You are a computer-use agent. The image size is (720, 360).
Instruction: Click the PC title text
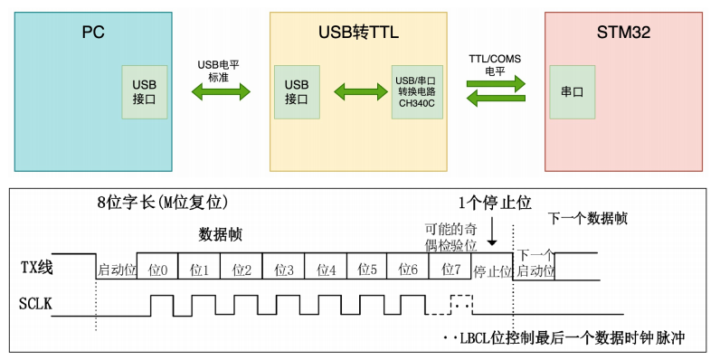coord(93,33)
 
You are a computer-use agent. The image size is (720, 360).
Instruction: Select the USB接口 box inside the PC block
coord(145,91)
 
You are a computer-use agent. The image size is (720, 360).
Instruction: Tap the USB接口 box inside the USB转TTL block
coord(297,91)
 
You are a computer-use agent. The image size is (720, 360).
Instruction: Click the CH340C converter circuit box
coord(416,91)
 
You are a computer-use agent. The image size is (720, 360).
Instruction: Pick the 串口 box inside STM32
coord(572,91)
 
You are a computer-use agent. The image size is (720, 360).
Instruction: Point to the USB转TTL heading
coord(358,33)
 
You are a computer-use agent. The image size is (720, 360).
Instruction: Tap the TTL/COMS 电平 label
coord(495,64)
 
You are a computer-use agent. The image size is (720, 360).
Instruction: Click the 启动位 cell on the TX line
coord(116,270)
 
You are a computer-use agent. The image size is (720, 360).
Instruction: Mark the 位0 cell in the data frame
coord(158,270)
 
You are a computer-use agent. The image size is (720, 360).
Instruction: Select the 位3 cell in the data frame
coord(283,270)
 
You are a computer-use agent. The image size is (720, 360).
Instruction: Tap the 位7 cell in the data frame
coord(450,270)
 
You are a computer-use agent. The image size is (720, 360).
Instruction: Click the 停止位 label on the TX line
coord(493,270)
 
